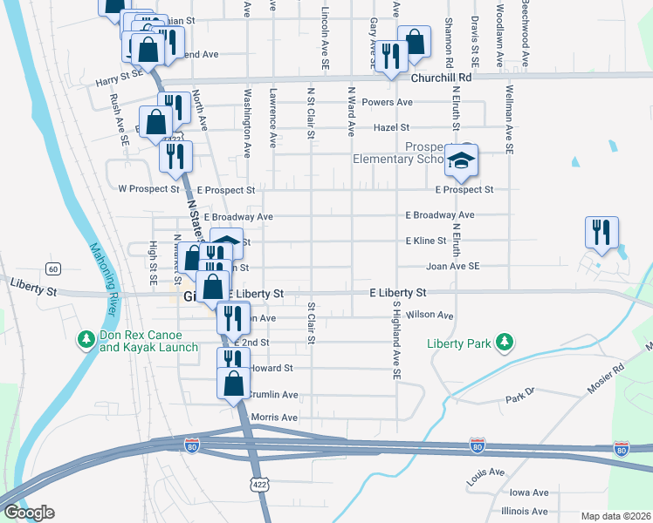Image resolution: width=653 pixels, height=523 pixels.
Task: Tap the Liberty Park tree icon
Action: point(504,343)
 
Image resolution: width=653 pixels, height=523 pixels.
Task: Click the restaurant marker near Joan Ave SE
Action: point(601,233)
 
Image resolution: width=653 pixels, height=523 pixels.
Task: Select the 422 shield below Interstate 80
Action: point(258,483)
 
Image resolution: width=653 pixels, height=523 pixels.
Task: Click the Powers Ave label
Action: point(392,102)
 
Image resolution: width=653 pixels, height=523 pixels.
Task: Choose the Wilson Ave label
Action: point(434,315)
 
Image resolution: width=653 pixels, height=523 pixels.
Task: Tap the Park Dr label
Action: point(519,400)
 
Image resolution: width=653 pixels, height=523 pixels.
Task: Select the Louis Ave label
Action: point(485,477)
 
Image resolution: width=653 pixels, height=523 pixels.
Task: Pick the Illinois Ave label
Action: point(525,511)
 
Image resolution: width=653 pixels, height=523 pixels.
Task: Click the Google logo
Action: point(29,512)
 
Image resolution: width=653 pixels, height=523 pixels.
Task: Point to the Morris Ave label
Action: point(274,418)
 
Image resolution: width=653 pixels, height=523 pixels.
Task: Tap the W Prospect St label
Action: point(148,188)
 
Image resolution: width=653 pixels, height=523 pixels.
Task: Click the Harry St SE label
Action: point(119,77)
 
